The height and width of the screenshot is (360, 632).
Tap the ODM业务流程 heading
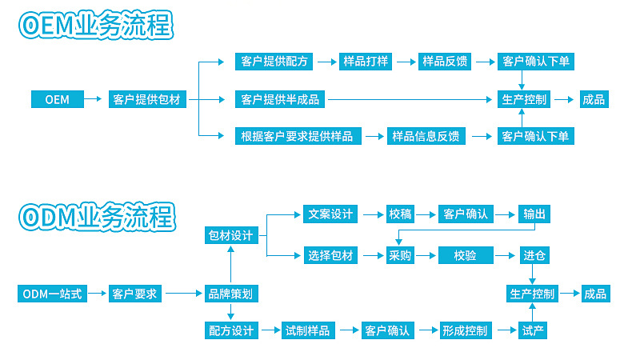(x=95, y=216)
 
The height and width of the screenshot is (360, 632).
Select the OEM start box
(x=57, y=100)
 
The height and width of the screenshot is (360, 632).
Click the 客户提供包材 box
(x=148, y=100)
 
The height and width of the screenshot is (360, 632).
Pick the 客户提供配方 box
(x=274, y=62)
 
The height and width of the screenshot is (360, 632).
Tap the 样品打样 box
(x=366, y=62)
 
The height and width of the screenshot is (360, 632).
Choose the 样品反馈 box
(x=444, y=62)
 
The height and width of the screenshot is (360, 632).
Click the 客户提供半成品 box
(x=280, y=100)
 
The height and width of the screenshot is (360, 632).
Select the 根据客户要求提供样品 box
(x=297, y=136)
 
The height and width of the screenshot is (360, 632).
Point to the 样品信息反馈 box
(x=425, y=136)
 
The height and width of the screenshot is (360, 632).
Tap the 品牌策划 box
(x=230, y=294)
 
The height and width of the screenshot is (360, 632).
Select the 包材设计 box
(x=230, y=235)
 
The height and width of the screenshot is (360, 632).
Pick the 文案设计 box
(x=330, y=214)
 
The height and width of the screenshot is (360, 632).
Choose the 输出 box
(x=534, y=214)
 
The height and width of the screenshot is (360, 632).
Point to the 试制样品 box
(x=308, y=330)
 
